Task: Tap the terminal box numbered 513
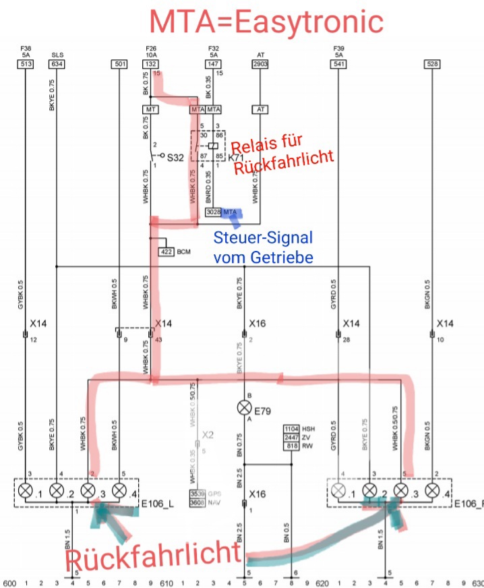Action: (25, 64)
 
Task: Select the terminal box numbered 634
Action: (57, 64)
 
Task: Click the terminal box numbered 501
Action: (120, 64)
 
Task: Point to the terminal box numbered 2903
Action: (260, 64)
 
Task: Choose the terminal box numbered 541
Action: (338, 64)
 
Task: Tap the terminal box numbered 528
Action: (433, 64)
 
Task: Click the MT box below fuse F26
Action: (150, 109)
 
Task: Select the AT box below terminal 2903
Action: (260, 109)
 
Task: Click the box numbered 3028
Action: (213, 212)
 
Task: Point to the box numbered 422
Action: (166, 252)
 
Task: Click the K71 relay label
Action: (237, 156)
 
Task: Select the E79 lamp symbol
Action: (244, 408)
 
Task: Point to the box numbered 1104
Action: (291, 430)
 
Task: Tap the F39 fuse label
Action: (338, 49)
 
